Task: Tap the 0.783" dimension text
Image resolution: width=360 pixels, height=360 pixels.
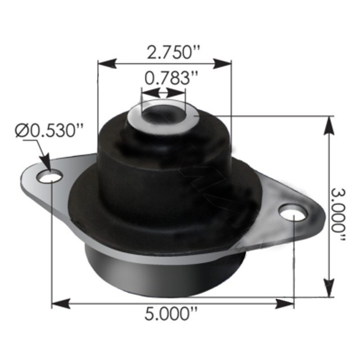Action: click(164, 79)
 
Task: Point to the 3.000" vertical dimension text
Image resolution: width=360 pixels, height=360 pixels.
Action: click(339, 210)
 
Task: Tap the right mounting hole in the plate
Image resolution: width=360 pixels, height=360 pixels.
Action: click(293, 214)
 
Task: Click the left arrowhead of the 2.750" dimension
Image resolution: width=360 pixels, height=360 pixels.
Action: click(105, 62)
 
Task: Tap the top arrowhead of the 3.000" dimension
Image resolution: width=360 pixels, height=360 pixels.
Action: click(327, 123)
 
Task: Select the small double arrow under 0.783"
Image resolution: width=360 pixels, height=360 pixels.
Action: click(164, 93)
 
